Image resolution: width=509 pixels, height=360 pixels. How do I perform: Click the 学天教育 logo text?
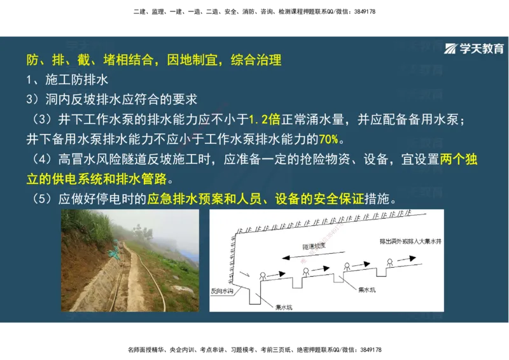(x=482, y=49)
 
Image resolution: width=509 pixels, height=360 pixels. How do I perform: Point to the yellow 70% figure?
(x=330, y=138)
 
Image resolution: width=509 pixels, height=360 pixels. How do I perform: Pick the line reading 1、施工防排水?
(x=67, y=80)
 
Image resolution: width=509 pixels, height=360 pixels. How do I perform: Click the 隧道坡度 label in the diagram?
(x=314, y=245)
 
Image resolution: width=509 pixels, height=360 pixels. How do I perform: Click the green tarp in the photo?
(x=113, y=253)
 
